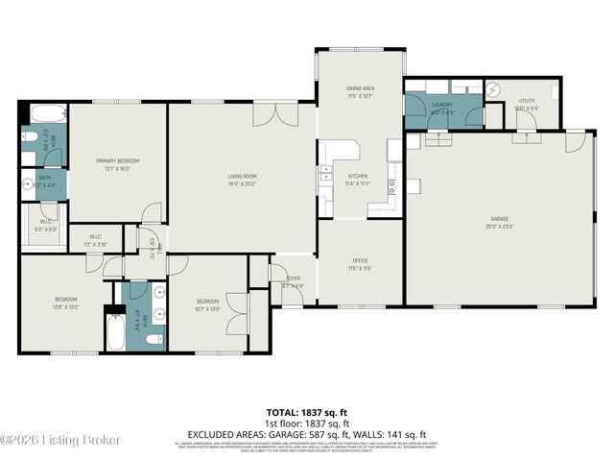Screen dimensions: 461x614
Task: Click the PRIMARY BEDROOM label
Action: pyautogui.click(x=118, y=160)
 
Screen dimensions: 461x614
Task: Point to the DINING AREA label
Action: pyautogui.click(x=360, y=87)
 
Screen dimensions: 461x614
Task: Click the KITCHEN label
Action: pyautogui.click(x=358, y=176)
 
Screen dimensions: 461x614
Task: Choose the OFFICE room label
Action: pyautogui.click(x=360, y=260)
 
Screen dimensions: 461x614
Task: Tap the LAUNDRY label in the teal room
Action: pyautogui.click(x=442, y=104)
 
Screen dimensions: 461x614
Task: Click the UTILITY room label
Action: pyautogui.click(x=527, y=100)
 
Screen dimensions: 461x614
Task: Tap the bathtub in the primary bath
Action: pyautogui.click(x=41, y=112)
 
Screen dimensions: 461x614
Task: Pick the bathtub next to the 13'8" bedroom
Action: pyautogui.click(x=112, y=336)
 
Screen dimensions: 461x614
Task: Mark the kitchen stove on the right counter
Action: pyautogui.click(x=393, y=184)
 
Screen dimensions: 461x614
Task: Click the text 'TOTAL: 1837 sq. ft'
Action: pyautogui.click(x=306, y=411)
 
